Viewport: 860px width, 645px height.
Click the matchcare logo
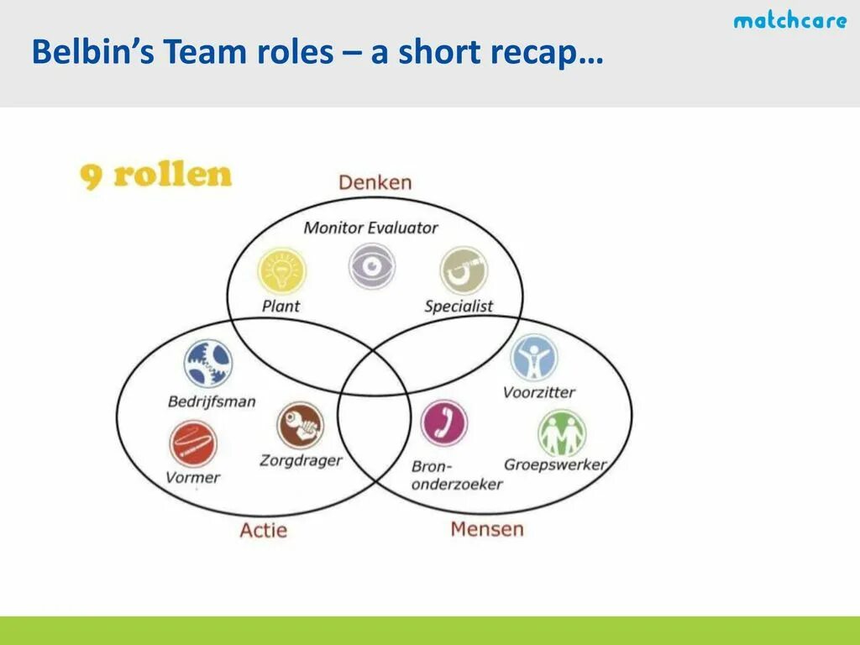pyautogui.click(x=789, y=20)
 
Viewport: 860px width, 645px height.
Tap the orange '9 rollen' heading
pyautogui.click(x=155, y=176)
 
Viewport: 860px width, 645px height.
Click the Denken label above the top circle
pyautogui.click(x=375, y=182)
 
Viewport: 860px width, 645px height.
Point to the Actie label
pyautogui.click(x=263, y=530)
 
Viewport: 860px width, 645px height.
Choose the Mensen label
pyautogui.click(x=486, y=529)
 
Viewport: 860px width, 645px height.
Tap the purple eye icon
pyautogui.click(x=372, y=266)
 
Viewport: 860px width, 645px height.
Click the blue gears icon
pyautogui.click(x=208, y=364)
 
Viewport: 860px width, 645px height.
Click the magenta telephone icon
pyautogui.click(x=443, y=422)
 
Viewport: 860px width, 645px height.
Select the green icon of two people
pyautogui.click(x=561, y=433)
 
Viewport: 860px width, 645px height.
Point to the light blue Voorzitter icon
pyautogui.click(x=533, y=357)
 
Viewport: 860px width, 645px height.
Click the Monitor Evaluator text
pyautogui.click(x=370, y=227)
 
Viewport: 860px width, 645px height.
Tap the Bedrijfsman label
pyautogui.click(x=212, y=401)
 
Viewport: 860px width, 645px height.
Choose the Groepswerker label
pyautogui.click(x=554, y=464)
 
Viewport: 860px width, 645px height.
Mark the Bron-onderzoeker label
pyautogui.click(x=456, y=475)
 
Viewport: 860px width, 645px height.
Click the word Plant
pyautogui.click(x=281, y=307)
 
